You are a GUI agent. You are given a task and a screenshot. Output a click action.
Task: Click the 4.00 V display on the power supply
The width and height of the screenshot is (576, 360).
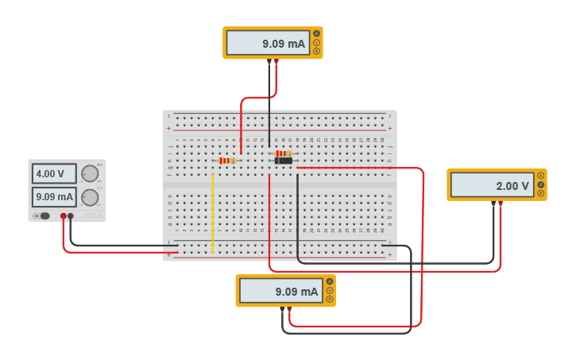coord(54,173)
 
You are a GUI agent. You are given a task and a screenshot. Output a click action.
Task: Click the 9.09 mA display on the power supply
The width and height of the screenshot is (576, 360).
coord(54,196)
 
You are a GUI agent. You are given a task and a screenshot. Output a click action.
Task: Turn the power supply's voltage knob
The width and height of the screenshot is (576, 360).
coord(90,174)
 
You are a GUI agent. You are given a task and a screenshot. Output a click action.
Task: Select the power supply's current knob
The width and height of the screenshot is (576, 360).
coord(90,197)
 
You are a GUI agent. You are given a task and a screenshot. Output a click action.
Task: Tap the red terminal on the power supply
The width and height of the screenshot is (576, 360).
coord(64,216)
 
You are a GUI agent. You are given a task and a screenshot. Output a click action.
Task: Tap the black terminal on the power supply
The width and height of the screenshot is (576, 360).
coord(71,216)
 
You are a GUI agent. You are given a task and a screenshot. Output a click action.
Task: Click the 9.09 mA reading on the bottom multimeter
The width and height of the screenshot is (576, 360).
coord(280,292)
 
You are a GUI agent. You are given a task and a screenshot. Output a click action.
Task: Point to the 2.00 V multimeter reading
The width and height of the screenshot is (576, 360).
coord(490,186)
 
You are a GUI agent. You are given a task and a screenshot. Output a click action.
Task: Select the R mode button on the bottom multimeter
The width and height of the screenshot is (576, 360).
coord(330,300)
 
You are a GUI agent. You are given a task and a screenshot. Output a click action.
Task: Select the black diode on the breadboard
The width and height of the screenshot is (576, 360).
coord(284,161)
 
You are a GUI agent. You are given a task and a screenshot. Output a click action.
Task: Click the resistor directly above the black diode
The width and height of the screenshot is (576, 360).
coord(284,153)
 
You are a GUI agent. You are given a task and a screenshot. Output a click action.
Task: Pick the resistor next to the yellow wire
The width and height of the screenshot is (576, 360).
coord(227,161)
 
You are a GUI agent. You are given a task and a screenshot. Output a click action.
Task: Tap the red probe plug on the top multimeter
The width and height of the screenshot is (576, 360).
coord(276,61)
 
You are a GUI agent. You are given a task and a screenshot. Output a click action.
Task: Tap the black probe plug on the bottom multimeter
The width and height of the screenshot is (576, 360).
coord(282,309)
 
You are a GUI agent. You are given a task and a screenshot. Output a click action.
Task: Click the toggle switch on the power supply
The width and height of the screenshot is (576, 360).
coord(44,215)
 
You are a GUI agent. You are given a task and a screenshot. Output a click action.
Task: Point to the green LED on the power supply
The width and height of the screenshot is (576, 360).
coord(98,164)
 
